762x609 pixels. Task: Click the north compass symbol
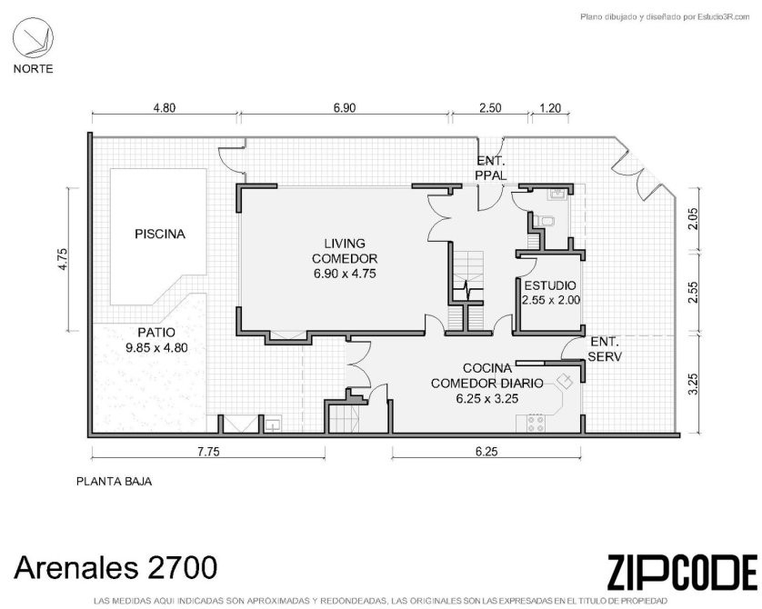pyautogui.click(x=33, y=38)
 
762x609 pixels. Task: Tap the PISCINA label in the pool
pyautogui.click(x=160, y=235)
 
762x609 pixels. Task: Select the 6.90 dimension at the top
pyautogui.click(x=345, y=108)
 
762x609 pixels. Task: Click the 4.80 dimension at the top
pyautogui.click(x=165, y=108)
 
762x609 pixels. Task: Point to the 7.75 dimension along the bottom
pyautogui.click(x=208, y=452)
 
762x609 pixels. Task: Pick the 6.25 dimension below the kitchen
pyautogui.click(x=486, y=452)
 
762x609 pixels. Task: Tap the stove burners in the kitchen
pyautogui.click(x=536, y=423)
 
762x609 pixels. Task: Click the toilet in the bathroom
pyautogui.click(x=546, y=222)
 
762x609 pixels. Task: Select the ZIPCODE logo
pyautogui.click(x=682, y=572)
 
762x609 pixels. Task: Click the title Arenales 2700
pyautogui.click(x=115, y=567)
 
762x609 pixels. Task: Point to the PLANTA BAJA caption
pyautogui.click(x=115, y=481)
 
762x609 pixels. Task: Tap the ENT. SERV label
pyautogui.click(x=605, y=349)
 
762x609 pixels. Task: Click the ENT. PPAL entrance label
pyautogui.click(x=491, y=168)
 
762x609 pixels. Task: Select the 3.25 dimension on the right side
pyautogui.click(x=693, y=384)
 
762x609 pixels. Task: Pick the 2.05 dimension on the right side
pyautogui.click(x=693, y=218)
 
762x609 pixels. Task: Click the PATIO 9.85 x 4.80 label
pyautogui.click(x=156, y=340)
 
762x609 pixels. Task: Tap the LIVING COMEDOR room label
pyautogui.click(x=345, y=258)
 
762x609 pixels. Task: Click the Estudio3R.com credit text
pyautogui.click(x=666, y=17)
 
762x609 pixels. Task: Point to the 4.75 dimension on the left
pyautogui.click(x=62, y=259)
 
